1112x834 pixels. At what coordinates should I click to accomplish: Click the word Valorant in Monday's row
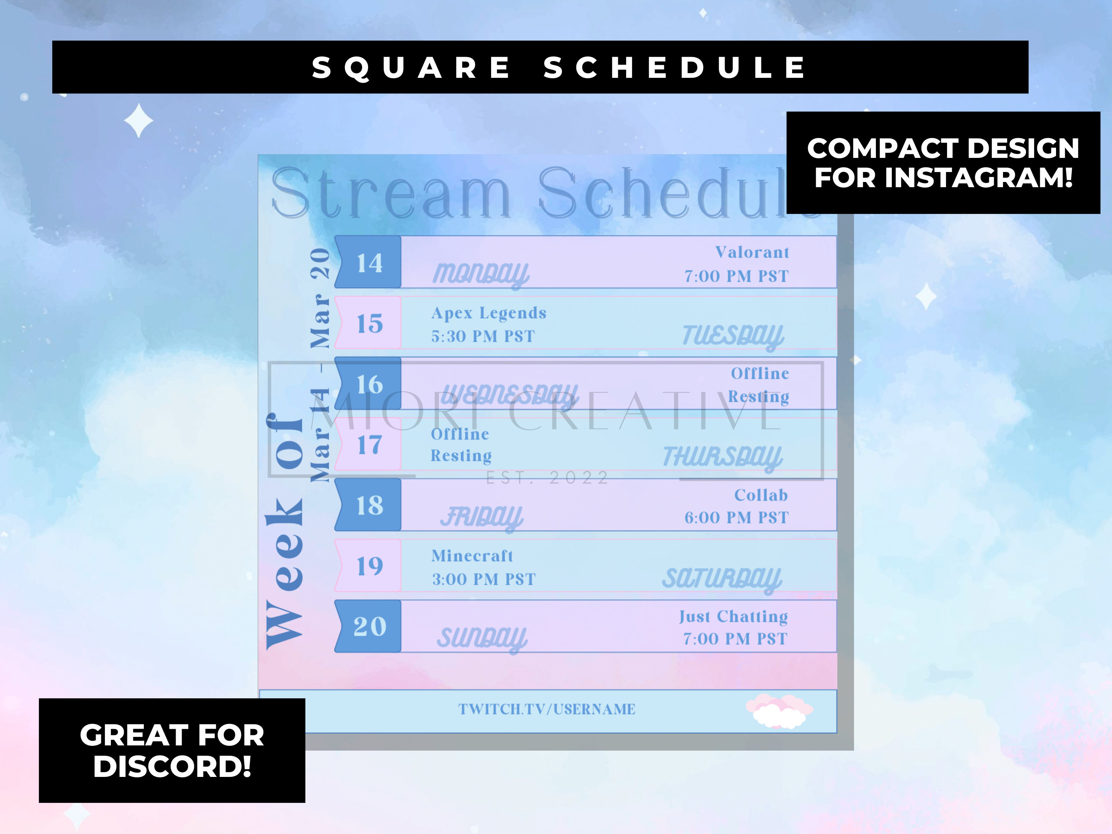click(752, 252)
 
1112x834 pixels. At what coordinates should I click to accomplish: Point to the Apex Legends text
click(489, 313)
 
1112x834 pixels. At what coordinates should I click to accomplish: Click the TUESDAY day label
click(732, 336)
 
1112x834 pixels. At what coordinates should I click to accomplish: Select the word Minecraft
click(472, 556)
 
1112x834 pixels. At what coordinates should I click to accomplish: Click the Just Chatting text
click(734, 616)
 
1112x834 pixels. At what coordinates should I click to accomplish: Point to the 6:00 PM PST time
click(737, 518)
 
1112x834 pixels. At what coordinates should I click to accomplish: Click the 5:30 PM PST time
click(483, 336)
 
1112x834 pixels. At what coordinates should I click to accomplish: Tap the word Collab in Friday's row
click(761, 495)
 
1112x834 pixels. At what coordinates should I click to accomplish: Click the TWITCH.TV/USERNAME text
click(546, 709)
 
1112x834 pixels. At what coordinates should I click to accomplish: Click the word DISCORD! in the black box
click(172, 767)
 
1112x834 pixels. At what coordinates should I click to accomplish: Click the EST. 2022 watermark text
click(547, 477)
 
